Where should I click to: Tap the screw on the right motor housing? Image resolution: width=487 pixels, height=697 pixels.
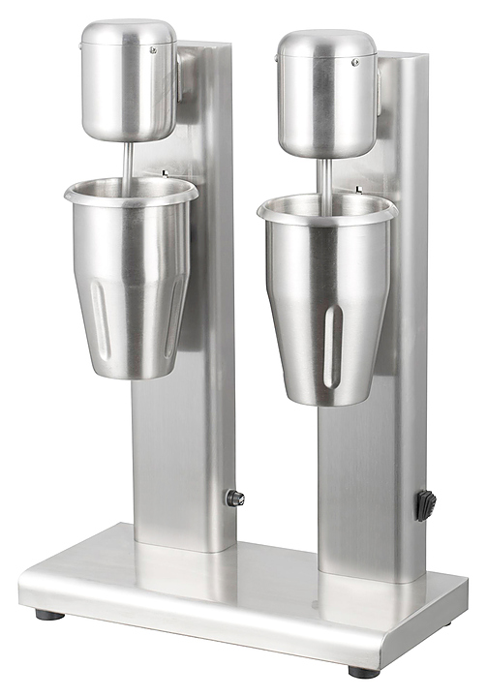(x=355, y=61)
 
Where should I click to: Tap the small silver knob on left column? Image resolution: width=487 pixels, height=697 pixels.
(x=233, y=498)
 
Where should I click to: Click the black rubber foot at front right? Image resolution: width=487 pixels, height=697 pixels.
(x=364, y=671)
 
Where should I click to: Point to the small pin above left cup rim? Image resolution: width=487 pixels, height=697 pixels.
(x=166, y=174)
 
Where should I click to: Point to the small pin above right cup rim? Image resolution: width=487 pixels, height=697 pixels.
(x=360, y=189)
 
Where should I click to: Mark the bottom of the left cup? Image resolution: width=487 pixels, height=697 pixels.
(x=128, y=373)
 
